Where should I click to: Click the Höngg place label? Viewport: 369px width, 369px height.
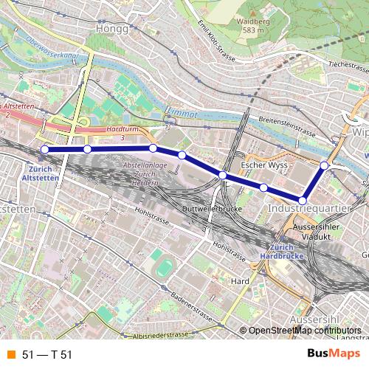pos(112,29)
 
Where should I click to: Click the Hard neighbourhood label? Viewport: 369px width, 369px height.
pos(239,280)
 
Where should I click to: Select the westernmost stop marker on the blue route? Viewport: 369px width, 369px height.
pos(44,149)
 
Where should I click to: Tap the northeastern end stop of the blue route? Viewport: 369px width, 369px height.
pos(324,165)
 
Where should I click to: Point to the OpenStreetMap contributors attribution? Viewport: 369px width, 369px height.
pos(303,331)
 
